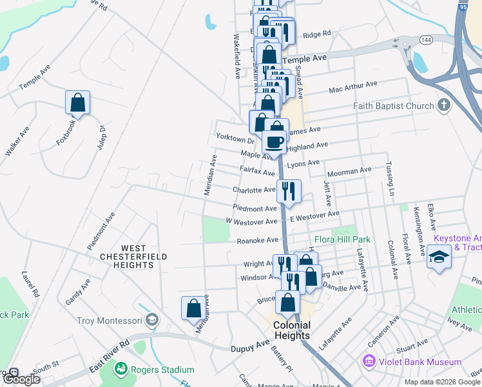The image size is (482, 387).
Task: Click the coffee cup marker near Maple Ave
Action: (x=275, y=141)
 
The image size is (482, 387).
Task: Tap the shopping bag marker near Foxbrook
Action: (x=77, y=102)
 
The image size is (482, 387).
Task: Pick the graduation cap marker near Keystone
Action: (x=439, y=257)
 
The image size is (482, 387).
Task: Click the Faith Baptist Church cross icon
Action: (x=443, y=105)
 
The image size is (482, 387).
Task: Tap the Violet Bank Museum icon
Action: (x=369, y=362)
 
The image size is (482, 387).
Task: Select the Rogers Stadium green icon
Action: (x=120, y=370)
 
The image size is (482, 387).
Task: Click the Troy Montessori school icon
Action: (x=151, y=320)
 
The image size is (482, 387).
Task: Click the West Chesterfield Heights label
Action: (x=133, y=252)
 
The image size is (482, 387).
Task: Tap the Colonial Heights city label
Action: (x=292, y=330)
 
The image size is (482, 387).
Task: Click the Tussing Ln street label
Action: (x=390, y=179)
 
